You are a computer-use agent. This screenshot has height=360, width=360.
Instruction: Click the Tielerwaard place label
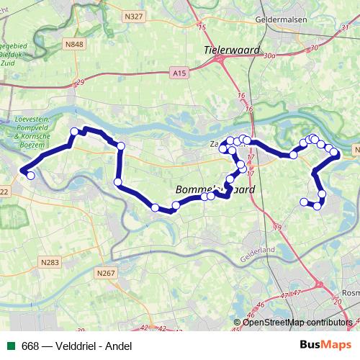coord(225,50)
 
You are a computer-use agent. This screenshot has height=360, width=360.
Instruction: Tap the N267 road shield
coord(105,273)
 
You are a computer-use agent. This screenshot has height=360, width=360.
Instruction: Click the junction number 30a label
coord(270,55)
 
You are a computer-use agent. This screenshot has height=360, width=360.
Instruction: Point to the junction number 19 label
coord(278,228)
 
